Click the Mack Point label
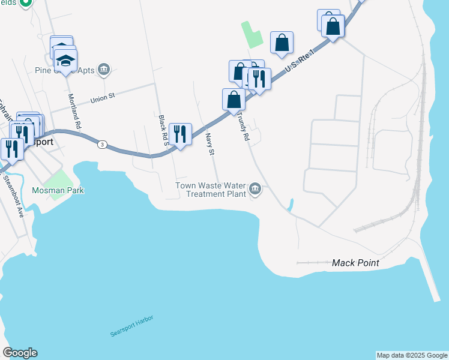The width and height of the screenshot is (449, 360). [356, 263]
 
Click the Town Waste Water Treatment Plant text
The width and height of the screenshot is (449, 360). [211, 190]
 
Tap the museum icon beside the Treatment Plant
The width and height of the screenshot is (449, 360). [255, 190]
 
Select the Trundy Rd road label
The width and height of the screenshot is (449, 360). [243, 127]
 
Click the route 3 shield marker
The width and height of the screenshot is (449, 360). [103, 145]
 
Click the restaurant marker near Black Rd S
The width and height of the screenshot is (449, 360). [180, 134]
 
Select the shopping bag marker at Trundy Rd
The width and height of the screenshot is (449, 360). [234, 100]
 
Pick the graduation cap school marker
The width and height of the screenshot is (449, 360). [65, 59]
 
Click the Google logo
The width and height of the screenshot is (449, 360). [20, 353]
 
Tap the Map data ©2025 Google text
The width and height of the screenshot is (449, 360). [412, 355]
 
